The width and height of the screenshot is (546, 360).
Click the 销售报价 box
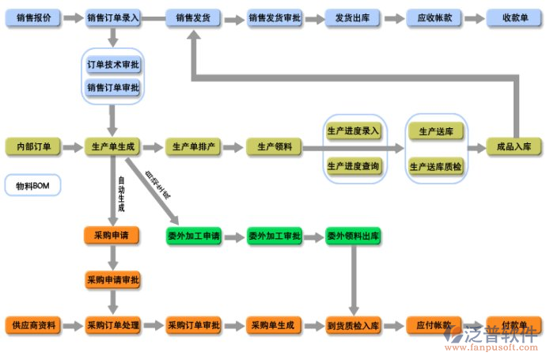click(32, 17)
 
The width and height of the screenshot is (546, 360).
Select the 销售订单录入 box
click(112, 17)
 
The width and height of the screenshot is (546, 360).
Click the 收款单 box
click(514, 17)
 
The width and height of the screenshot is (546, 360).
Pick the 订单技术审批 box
click(112, 65)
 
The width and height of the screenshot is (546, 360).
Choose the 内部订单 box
click(32, 146)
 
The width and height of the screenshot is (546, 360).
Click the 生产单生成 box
click(112, 146)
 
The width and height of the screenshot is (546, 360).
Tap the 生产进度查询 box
click(353, 166)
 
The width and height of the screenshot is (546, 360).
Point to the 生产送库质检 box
click(435, 166)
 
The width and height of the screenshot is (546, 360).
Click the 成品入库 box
click(514, 146)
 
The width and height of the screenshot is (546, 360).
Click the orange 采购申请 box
click(112, 235)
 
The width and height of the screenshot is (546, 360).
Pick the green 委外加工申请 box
click(194, 236)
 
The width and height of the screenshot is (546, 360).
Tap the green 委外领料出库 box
click(353, 236)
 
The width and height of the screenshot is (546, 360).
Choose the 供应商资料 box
click(32, 325)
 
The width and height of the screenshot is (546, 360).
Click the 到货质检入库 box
click(353, 325)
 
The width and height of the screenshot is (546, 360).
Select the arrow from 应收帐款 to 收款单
click(475, 17)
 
